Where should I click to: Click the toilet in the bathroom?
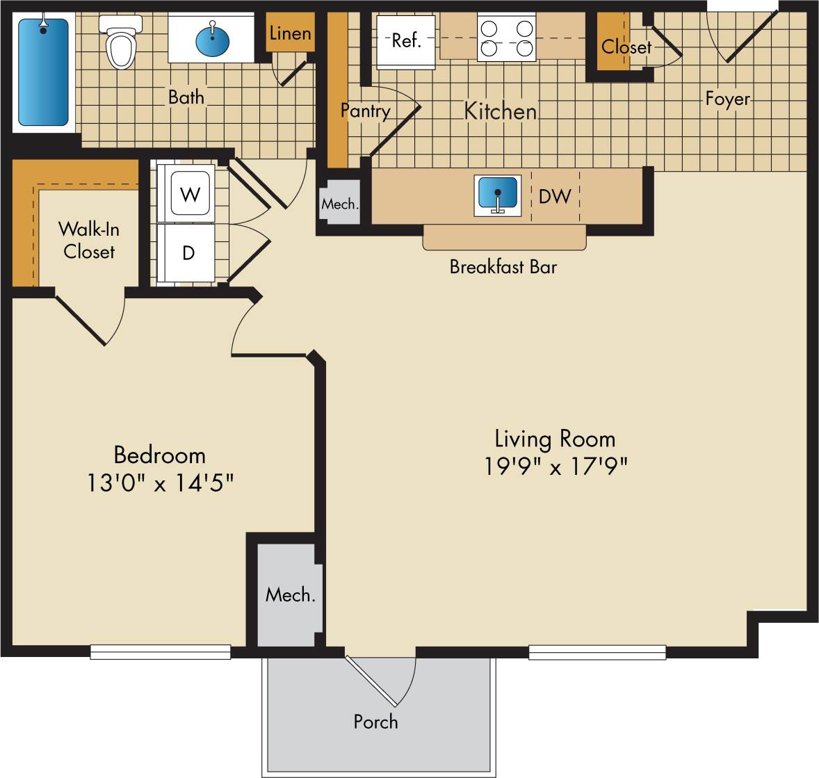120,43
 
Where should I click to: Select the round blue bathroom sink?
213,40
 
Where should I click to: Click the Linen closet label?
289,33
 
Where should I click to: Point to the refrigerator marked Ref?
406,40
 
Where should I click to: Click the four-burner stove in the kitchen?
507,39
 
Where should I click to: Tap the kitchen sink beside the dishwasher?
497,194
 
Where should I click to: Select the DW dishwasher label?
555,196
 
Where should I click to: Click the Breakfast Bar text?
503,267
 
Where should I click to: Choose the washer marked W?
189,195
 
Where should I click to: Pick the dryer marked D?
188,253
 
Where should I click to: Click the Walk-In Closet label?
89,240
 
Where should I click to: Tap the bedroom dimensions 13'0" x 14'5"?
159,482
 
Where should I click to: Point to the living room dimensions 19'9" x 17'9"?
556,466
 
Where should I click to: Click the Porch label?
375,722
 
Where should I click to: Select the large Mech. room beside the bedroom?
290,595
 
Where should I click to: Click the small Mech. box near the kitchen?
340,204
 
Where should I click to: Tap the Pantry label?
365,111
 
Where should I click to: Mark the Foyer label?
727,99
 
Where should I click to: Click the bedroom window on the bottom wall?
160,652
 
